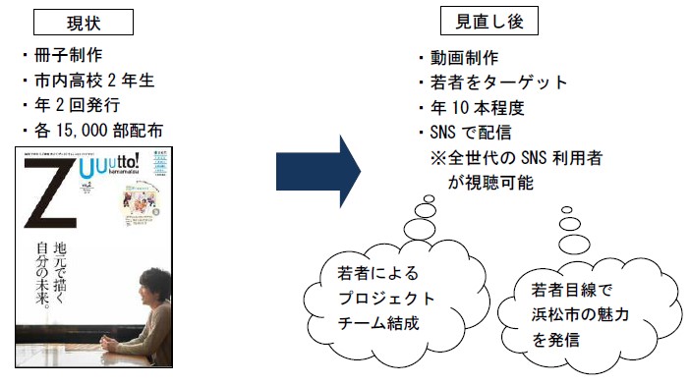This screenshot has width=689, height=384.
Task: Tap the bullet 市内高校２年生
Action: [90, 81]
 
